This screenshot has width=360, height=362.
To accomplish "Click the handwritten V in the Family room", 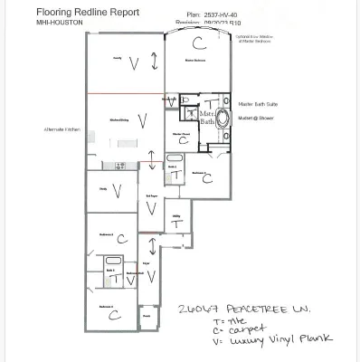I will (x=134, y=63).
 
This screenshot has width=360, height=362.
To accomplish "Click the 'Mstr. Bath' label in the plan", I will (x=207, y=118).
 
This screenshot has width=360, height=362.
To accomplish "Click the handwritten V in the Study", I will (x=116, y=190).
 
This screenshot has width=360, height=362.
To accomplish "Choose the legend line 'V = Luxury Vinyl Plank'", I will (x=270, y=340).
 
